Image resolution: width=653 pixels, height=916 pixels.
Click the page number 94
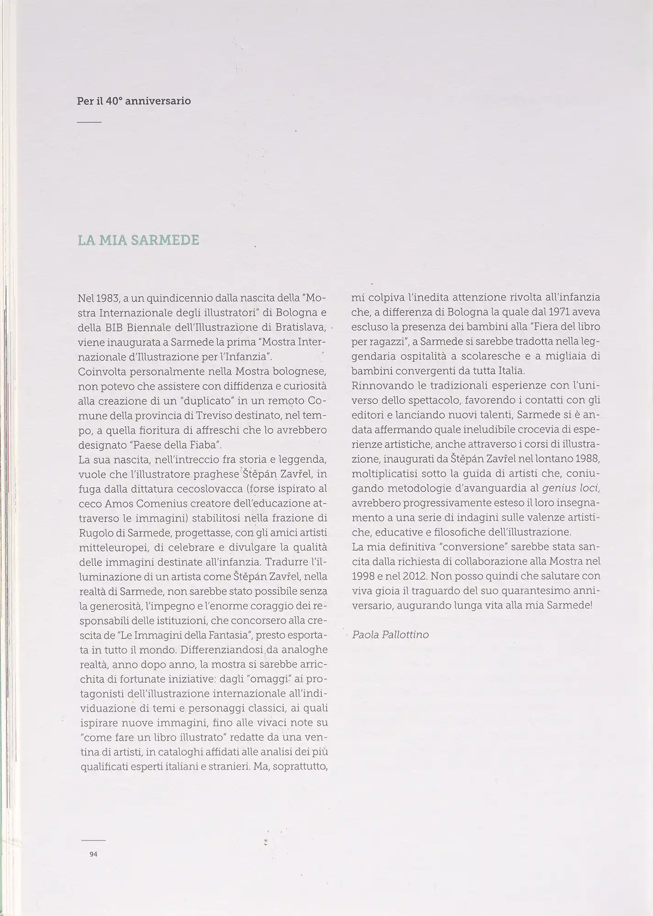pyautogui.click(x=93, y=854)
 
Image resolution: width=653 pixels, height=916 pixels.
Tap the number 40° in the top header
pyautogui.click(x=114, y=101)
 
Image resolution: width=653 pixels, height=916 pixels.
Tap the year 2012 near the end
pyautogui.click(x=407, y=575)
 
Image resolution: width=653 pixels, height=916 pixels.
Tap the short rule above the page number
pyautogui.click(x=93, y=840)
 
